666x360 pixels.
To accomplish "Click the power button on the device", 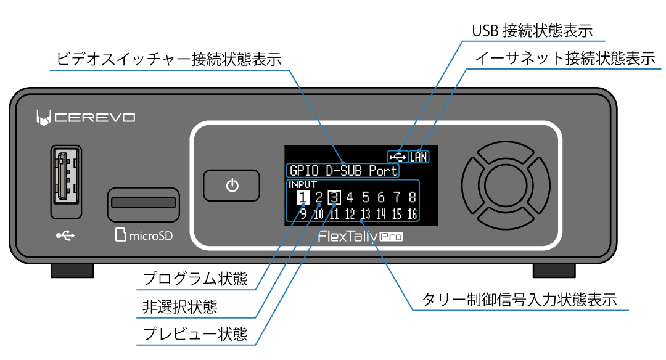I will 232,186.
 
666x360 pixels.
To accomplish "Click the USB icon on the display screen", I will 398,157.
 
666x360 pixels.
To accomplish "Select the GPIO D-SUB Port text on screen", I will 343,170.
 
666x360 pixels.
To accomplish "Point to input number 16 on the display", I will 411,215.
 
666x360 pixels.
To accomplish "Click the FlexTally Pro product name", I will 360,236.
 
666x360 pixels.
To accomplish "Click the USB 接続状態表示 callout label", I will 532,30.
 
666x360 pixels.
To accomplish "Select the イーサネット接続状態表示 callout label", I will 565,59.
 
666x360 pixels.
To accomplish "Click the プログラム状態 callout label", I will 195,279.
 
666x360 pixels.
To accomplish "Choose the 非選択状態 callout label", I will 179,306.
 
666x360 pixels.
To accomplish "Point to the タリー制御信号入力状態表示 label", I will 519,300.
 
